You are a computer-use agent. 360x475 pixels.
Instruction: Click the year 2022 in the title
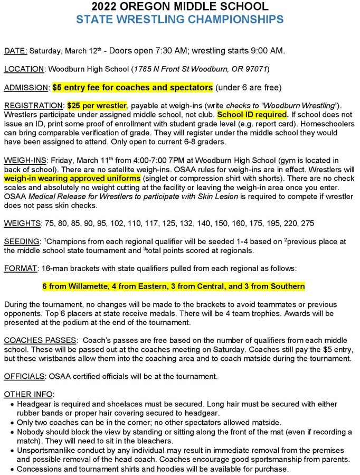105,7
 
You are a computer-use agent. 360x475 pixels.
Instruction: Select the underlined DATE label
15,51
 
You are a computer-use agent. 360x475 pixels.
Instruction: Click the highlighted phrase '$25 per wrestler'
98,105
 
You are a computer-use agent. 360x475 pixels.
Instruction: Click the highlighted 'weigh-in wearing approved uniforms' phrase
72,179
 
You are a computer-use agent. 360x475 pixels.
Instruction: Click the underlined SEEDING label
21,241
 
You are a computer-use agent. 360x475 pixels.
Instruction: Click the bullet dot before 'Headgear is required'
12,404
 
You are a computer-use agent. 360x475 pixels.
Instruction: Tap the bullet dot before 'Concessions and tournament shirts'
12,469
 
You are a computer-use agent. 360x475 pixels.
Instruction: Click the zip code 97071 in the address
256,69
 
